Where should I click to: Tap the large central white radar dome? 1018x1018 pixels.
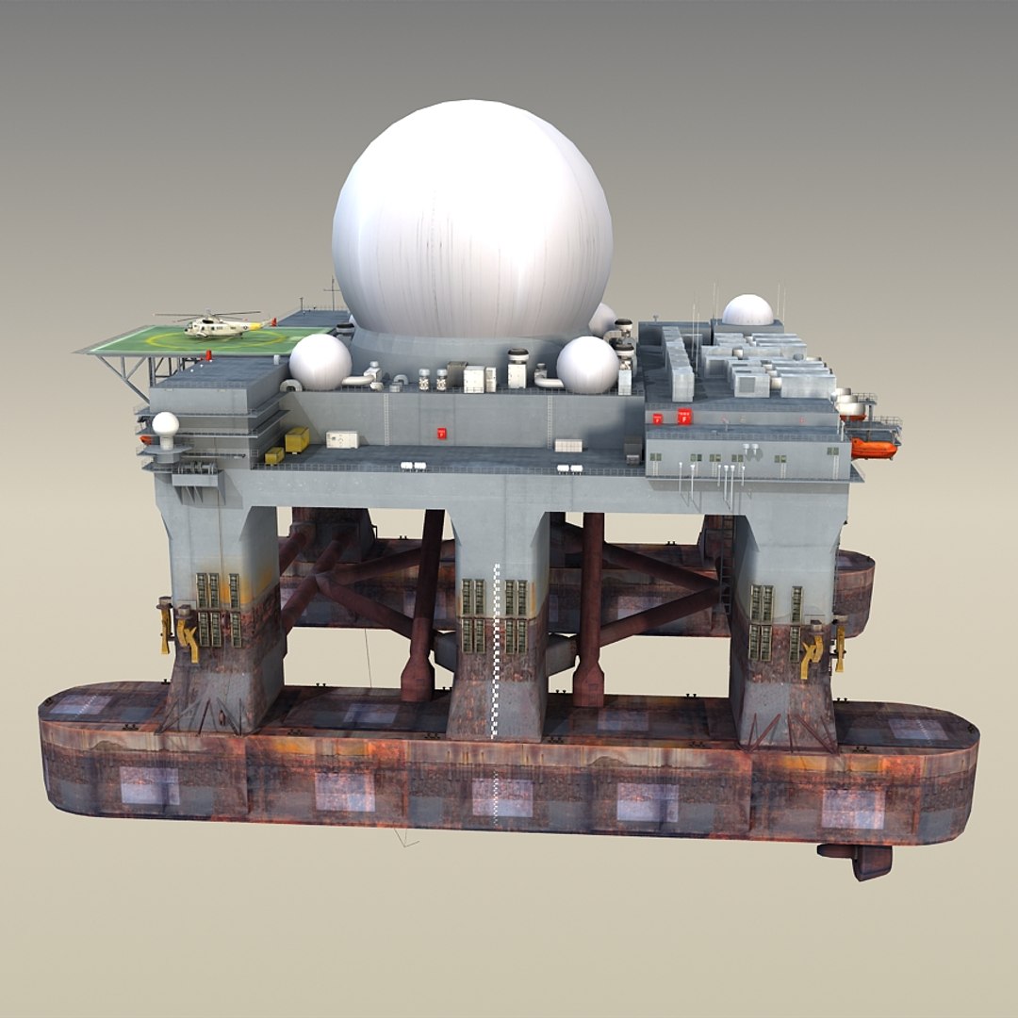(x=471, y=222)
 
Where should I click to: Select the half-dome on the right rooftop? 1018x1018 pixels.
(x=747, y=311)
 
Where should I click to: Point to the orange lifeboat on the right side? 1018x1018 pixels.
(x=874, y=448)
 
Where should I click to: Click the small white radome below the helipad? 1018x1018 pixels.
(x=166, y=426)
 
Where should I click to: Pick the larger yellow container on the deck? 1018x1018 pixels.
(x=297, y=439)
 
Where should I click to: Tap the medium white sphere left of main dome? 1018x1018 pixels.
(x=320, y=362)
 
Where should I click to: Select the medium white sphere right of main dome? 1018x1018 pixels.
(x=587, y=365)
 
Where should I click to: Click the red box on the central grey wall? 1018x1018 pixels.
(x=440, y=434)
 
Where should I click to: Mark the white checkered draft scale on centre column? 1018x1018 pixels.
(x=497, y=650)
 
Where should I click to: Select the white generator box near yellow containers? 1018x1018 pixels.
(x=342, y=439)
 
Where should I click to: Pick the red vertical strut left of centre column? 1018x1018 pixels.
(x=421, y=603)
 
